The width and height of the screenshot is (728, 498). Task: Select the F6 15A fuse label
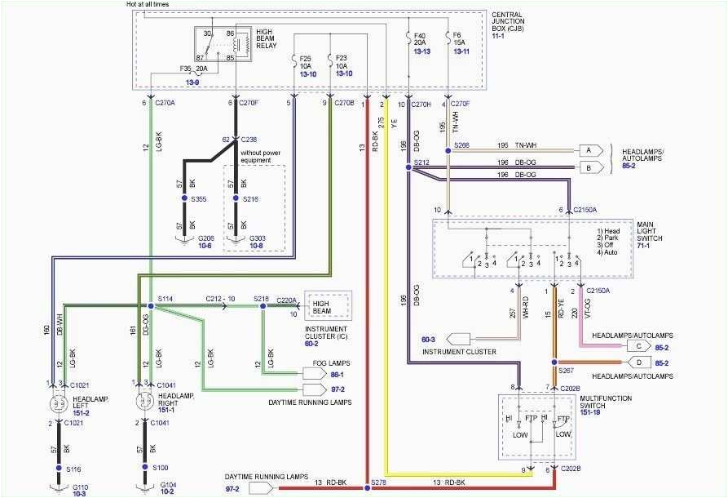click(459, 40)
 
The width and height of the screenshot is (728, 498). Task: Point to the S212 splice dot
click(408, 166)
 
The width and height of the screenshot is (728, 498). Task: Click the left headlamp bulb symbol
click(59, 402)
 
